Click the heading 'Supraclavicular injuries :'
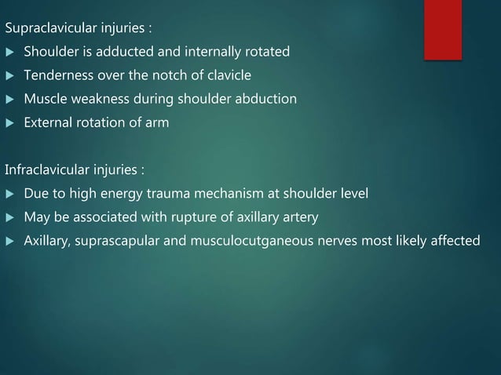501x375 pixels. (79, 29)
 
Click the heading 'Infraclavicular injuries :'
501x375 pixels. (76, 169)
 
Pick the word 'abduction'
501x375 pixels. (271, 100)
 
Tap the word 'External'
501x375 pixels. (48, 123)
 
